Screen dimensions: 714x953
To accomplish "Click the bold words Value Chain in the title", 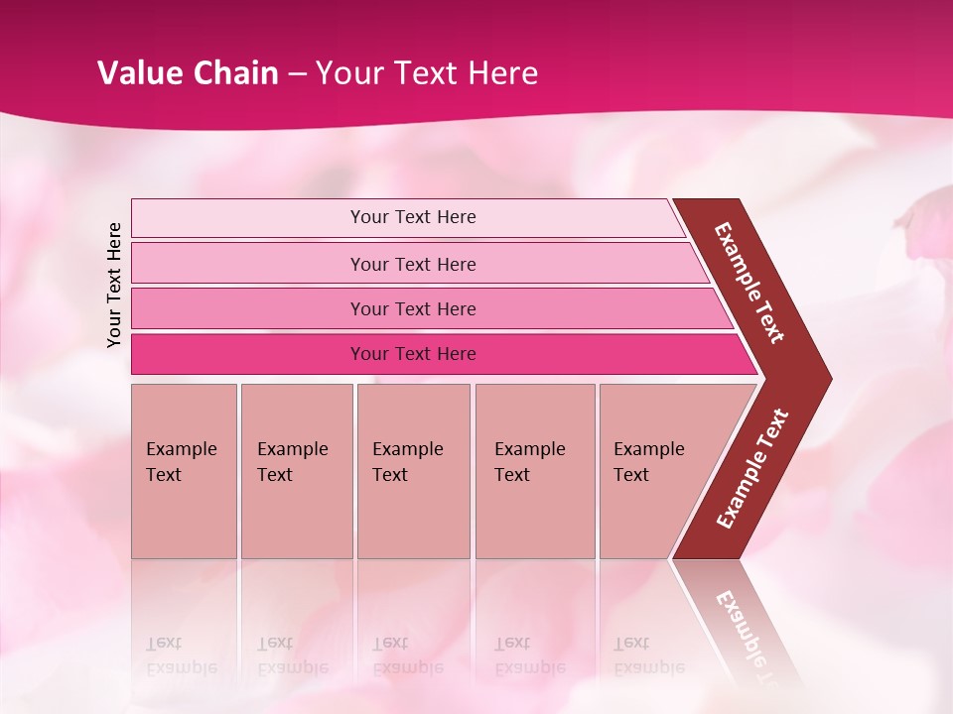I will [x=188, y=73].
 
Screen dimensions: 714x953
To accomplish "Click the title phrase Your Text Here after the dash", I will [x=427, y=73].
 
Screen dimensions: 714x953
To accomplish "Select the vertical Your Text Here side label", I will [x=115, y=285].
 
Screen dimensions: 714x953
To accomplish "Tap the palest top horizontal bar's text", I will [x=413, y=217].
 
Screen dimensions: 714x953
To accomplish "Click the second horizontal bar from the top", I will [x=413, y=264].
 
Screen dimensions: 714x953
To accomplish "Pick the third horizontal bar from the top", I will [x=413, y=309].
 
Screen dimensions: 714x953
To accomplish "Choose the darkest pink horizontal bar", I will [x=413, y=354].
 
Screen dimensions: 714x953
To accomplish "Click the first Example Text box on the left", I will [x=184, y=470].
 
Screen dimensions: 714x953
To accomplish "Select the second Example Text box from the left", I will [x=296, y=470].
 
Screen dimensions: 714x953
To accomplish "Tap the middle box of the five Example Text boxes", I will [x=413, y=470].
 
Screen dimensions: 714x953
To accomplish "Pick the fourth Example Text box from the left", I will [x=534, y=470].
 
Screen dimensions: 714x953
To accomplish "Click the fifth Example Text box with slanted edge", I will [x=655, y=470].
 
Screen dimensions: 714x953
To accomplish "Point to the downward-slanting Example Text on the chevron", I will [x=749, y=283].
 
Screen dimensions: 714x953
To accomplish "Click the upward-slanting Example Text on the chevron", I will [x=752, y=469].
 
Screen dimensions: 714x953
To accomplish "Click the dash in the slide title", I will [x=296, y=74].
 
